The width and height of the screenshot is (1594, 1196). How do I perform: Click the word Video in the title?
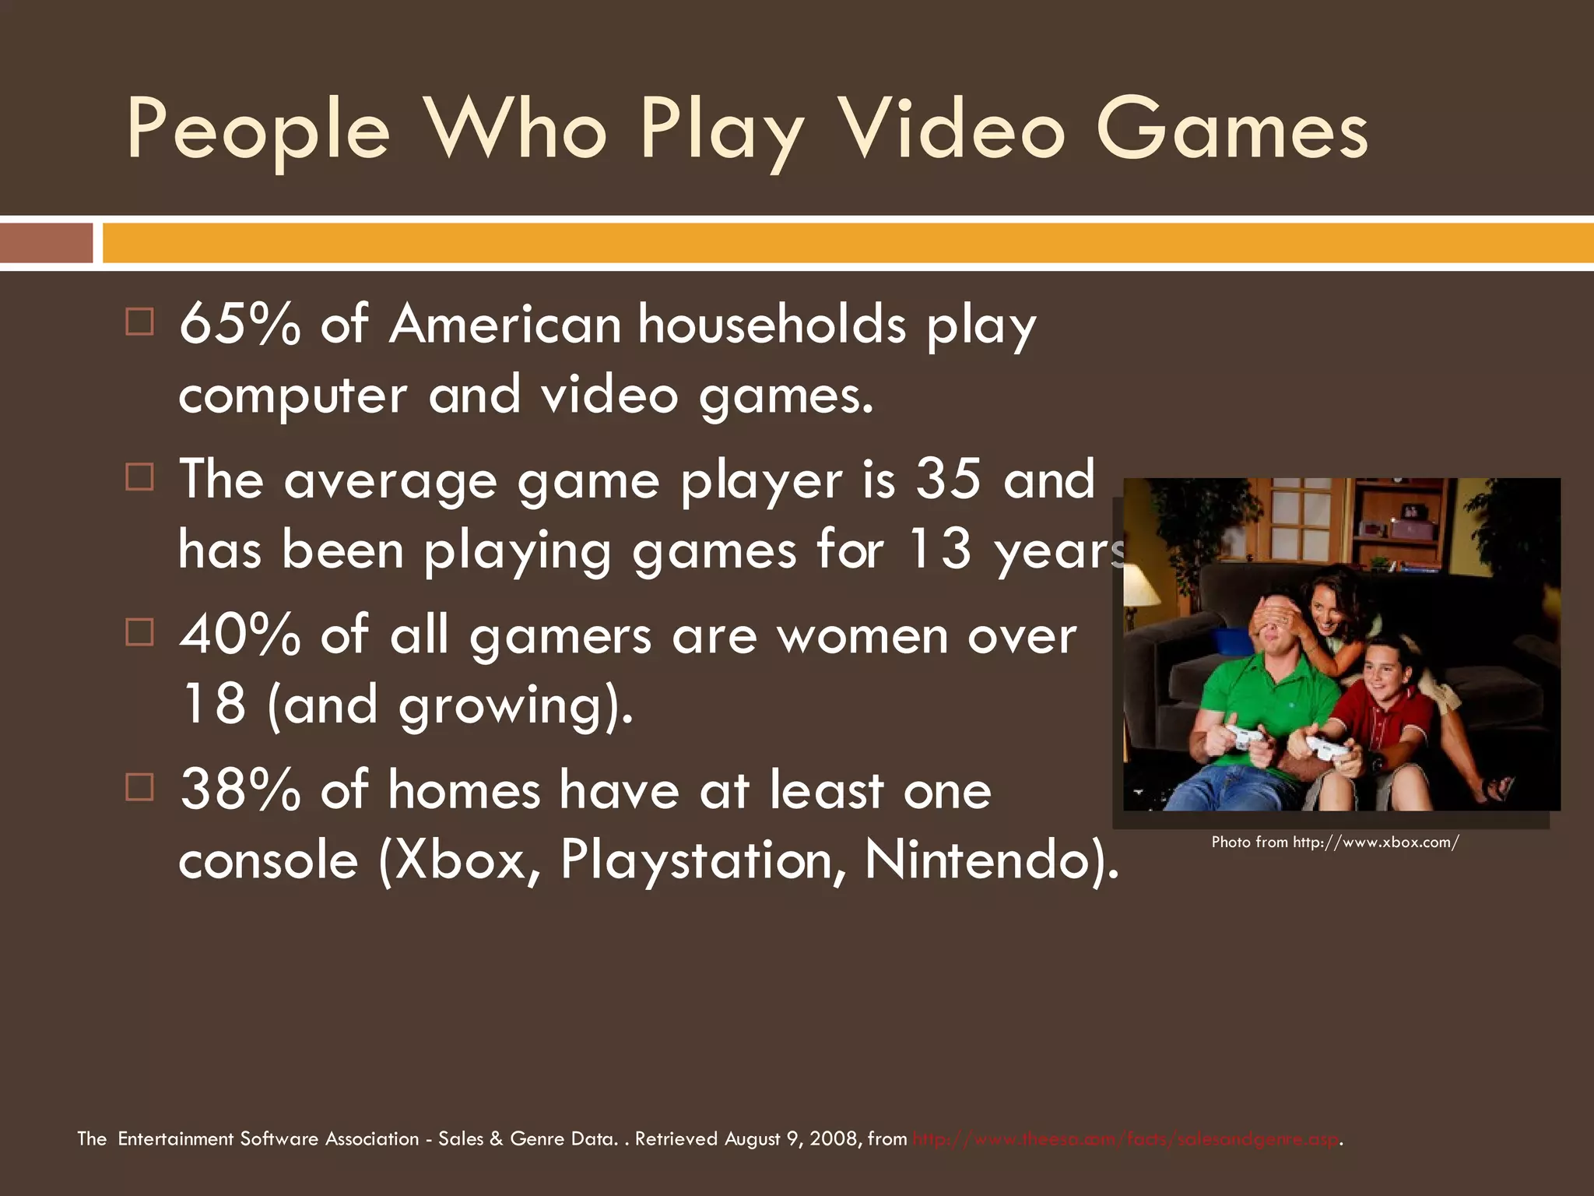pyautogui.click(x=953, y=129)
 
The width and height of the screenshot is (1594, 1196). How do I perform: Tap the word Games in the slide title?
pyautogui.click(x=1231, y=129)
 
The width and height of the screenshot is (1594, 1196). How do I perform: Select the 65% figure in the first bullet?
pyautogui.click(x=239, y=324)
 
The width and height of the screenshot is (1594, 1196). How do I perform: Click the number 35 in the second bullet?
pyautogui.click(x=948, y=479)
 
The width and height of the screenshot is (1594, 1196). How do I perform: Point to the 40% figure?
pyautogui.click(x=239, y=635)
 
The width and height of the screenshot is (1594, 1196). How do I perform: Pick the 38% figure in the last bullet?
pyautogui.click(x=239, y=790)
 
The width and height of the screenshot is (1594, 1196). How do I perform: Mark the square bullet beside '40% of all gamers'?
pyautogui.click(x=139, y=632)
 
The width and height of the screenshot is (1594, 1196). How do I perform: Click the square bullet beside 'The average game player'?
pyautogui.click(x=139, y=477)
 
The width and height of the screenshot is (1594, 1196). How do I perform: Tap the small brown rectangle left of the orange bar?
pyautogui.click(x=46, y=243)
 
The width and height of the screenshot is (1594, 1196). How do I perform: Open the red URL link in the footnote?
pyautogui.click(x=1125, y=1139)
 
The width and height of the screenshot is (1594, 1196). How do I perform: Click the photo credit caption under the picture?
pyautogui.click(x=1335, y=842)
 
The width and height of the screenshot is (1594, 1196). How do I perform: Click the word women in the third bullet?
pyautogui.click(x=862, y=635)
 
